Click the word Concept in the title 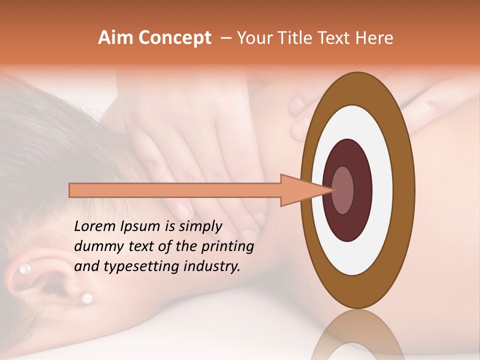pyautogui.click(x=175, y=38)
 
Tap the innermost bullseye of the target pyautogui.click(x=343, y=190)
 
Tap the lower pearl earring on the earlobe pyautogui.click(x=86, y=298)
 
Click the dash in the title pyautogui.click(x=225, y=38)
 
